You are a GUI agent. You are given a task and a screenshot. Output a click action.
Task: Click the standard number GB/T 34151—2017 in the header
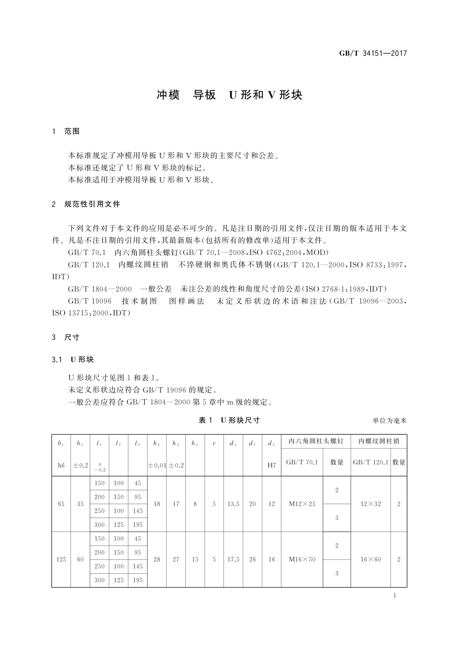click(373, 54)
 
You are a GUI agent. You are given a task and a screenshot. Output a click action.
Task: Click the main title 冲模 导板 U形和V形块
click(229, 95)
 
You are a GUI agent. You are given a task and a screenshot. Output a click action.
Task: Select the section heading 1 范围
click(66, 131)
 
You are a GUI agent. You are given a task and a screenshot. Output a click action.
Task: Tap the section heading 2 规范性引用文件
click(86, 204)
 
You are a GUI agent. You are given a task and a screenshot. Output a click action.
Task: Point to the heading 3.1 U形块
click(73, 360)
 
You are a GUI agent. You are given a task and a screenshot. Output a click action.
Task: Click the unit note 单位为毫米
click(390, 421)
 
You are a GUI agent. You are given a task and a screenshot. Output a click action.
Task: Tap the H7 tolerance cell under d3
click(272, 465)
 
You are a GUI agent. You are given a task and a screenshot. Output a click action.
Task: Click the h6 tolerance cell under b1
click(61, 465)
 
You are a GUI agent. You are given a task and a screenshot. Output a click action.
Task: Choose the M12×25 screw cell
click(302, 504)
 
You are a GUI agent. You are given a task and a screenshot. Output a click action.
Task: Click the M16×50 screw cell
click(302, 560)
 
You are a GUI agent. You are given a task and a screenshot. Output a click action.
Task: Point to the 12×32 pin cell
click(371, 504)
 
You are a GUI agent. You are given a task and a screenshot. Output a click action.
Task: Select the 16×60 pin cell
click(371, 560)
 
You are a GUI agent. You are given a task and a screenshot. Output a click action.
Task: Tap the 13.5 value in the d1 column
click(233, 504)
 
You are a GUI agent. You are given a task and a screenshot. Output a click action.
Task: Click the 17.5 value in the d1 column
click(233, 560)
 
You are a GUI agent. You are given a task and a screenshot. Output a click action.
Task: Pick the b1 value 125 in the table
click(61, 560)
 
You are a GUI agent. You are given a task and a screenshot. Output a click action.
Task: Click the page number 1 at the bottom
click(395, 595)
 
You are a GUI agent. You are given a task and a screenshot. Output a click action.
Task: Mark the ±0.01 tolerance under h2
click(157, 465)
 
